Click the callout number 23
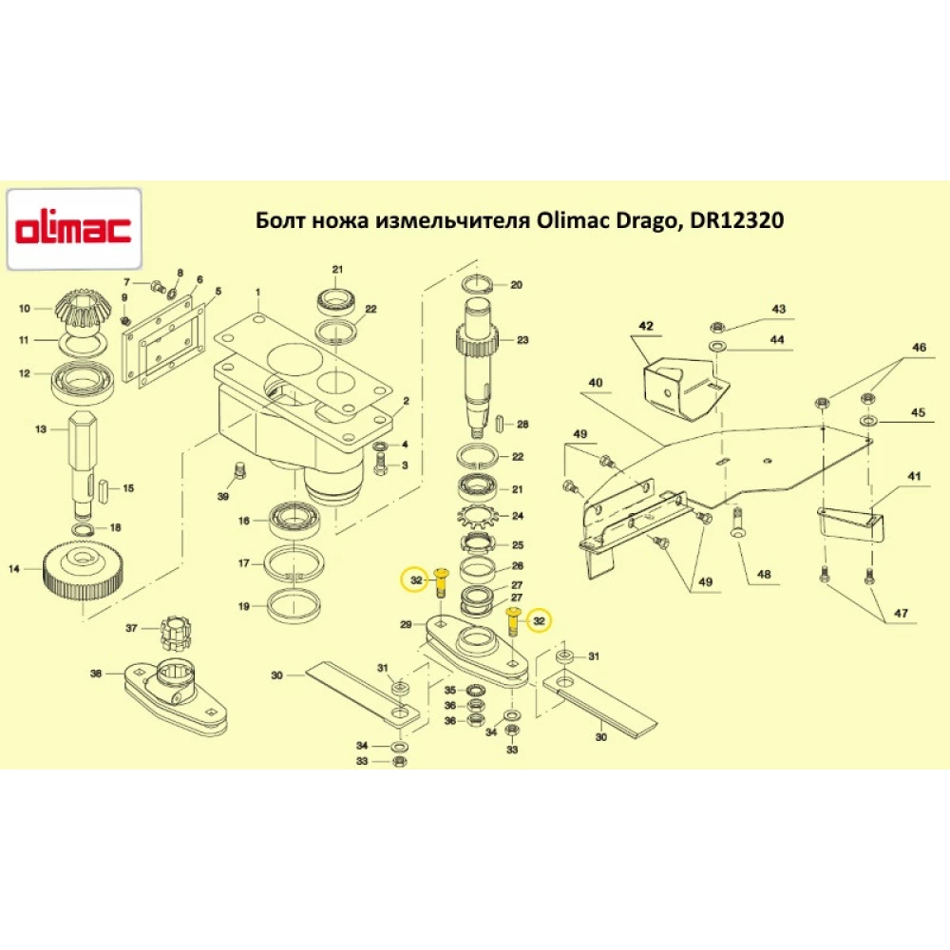(522, 339)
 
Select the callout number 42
(646, 326)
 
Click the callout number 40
(596, 383)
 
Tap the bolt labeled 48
(738, 522)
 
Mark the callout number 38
(95, 674)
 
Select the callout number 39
(223, 497)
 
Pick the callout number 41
(914, 475)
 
